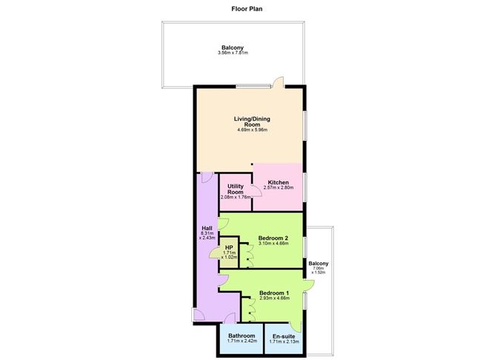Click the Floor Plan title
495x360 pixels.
pos(247,10)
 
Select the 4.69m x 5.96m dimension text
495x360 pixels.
pos(252,130)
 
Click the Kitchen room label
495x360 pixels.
pos(278,182)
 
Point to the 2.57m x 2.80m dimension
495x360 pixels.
pos(278,188)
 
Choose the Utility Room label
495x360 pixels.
pos(236,189)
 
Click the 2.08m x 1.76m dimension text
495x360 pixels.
pos(236,199)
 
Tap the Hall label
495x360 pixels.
pos(207,228)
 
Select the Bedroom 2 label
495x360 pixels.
pos(273,238)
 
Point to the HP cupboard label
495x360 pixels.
pos(229,248)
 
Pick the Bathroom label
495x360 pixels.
pos(242,336)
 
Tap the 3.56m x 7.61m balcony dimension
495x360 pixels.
pos(233,53)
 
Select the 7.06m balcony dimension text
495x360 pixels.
pos(319,270)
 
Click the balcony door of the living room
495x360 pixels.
pos(278,82)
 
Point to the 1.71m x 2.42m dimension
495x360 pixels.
pos(242,341)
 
